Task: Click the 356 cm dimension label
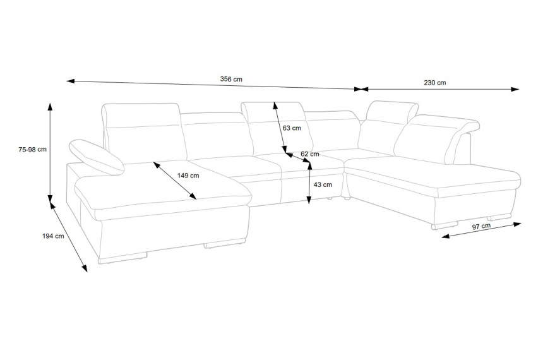point(231,79)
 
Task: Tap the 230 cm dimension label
point(435,83)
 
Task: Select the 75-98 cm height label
point(33,150)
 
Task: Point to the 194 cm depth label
point(53,236)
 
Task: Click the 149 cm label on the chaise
point(188,176)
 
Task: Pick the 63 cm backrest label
point(292,128)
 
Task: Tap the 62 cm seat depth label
point(310,154)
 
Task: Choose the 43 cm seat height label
point(323,184)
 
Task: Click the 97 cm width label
point(481,227)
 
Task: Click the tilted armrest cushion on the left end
point(96,157)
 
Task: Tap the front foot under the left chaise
point(122,258)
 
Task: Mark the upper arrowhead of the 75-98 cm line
point(51,106)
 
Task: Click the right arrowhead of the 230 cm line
point(515,90)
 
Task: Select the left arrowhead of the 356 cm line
point(71,81)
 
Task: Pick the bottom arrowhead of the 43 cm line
point(309,200)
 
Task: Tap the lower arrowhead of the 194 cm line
point(84,268)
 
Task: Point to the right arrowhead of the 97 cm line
point(517,224)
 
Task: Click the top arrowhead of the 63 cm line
point(275,105)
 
